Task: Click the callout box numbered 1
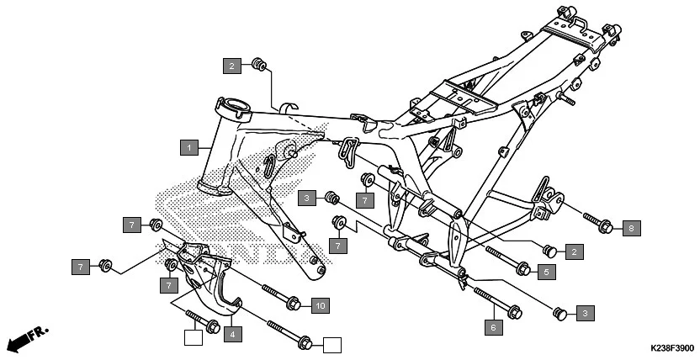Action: [191, 148]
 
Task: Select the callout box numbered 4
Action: [232, 334]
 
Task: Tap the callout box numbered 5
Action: [545, 272]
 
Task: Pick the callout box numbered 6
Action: [494, 325]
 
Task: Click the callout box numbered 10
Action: [319, 304]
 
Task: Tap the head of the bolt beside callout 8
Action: [603, 225]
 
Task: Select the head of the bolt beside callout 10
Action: [293, 303]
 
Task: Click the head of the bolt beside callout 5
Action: [522, 270]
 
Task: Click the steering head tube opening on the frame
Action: [233, 105]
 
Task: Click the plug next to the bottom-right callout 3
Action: [556, 314]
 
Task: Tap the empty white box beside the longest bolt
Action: [332, 344]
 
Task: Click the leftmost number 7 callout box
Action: [82, 267]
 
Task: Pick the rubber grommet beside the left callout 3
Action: [332, 198]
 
